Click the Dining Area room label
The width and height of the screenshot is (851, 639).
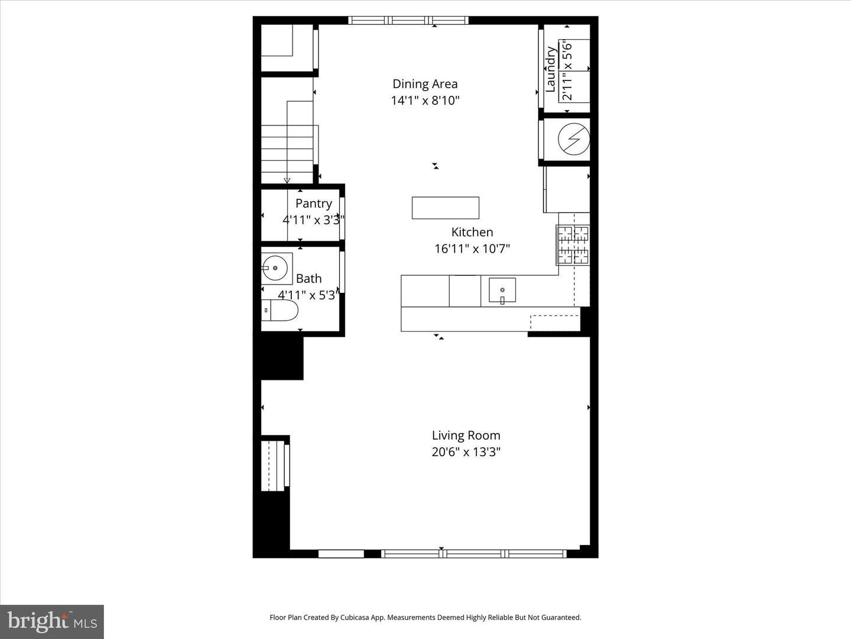tap(425, 84)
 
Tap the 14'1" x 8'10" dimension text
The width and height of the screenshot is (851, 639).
tap(425, 101)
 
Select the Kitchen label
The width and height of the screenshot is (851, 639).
tap(472, 232)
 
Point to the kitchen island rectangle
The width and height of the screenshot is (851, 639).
tap(445, 208)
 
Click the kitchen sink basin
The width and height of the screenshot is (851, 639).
tap(502, 290)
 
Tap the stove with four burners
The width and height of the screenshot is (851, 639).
tap(573, 244)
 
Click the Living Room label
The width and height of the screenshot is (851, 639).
tap(466, 435)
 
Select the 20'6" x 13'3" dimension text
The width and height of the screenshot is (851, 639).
tap(466, 452)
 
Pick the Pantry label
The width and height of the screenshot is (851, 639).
tap(313, 204)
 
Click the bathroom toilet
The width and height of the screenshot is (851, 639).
tap(280, 310)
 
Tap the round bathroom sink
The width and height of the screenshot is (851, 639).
tap(275, 268)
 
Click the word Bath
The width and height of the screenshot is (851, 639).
tap(308, 278)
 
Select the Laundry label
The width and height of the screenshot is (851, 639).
tap(550, 69)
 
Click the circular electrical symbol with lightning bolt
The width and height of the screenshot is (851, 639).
tap(574, 140)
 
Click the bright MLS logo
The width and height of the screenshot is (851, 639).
tap(52, 621)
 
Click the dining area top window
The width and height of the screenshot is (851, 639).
tap(408, 20)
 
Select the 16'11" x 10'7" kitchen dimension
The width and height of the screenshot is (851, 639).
tap(472, 249)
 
